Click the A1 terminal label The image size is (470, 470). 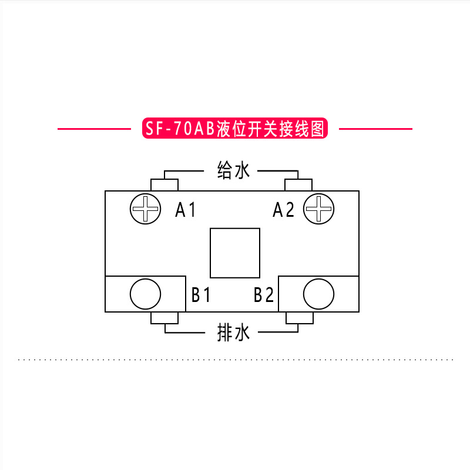[x=186, y=210]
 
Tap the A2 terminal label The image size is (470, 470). [x=283, y=210]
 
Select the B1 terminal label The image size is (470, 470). [x=201, y=294]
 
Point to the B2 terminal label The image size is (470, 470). [x=264, y=294]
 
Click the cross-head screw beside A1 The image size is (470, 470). [x=145, y=208]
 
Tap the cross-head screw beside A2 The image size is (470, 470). [x=319, y=208]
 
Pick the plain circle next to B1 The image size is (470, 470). [x=145, y=294]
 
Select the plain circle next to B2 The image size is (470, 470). [x=319, y=294]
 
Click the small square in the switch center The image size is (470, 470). [x=235, y=253]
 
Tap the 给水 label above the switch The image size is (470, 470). [x=234, y=171]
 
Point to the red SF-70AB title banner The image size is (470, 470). [x=234, y=129]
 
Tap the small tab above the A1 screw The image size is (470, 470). [x=164, y=185]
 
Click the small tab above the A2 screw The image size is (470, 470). [x=298, y=185]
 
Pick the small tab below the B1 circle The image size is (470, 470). [x=164, y=318]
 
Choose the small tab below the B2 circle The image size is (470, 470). [x=300, y=318]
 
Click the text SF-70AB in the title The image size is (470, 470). [x=181, y=129]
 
